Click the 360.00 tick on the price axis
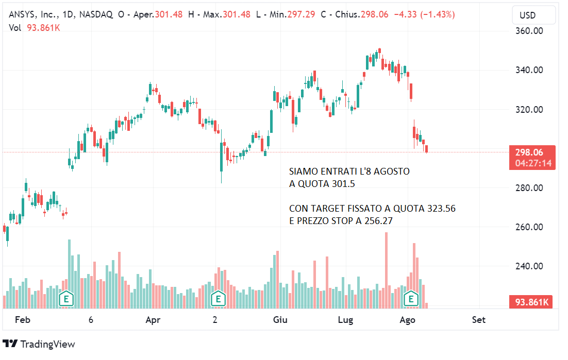pos(529,31)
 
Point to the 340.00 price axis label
pos(529,70)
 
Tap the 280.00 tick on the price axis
pos(529,188)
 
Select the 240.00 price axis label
pos(529,266)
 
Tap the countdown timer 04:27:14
pos(532,163)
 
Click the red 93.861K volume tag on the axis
pos(532,302)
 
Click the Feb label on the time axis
pos(23,320)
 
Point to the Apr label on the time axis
pos(153,320)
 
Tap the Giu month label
pos(280,320)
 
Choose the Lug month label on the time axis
pos(345,320)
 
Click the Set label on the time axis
pos(479,320)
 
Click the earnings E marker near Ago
pos(411,298)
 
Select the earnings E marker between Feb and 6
pos(66,298)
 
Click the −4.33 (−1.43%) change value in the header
pos(424,14)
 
